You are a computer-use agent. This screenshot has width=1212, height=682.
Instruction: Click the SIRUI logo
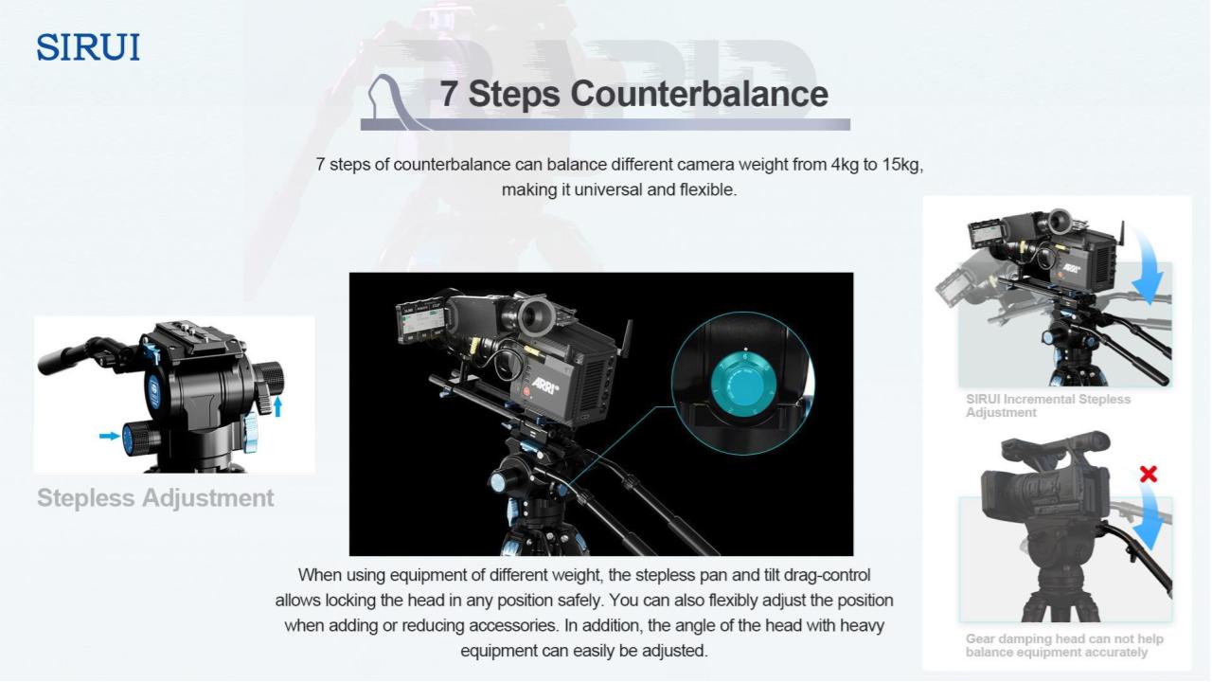[x=88, y=46]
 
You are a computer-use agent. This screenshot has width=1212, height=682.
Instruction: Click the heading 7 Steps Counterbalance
[x=633, y=94]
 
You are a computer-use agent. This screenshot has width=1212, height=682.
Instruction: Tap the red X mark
[x=1149, y=475]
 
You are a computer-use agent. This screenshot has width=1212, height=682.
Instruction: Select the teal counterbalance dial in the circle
[x=743, y=385]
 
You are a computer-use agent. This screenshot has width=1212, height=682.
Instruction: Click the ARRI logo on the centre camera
[x=544, y=385]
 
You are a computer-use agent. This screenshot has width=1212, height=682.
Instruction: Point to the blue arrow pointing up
[x=277, y=406]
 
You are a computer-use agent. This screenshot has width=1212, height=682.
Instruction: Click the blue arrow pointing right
[x=109, y=436]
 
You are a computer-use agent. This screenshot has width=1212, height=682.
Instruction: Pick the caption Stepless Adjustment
[x=155, y=498]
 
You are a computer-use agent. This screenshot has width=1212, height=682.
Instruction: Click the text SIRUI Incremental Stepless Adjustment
[x=1048, y=405]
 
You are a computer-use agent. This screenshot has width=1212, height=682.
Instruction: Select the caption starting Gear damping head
[x=1064, y=645]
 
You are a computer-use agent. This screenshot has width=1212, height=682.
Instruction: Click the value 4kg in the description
[x=845, y=164]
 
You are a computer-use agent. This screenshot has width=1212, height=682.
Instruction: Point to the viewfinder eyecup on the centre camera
[x=536, y=317]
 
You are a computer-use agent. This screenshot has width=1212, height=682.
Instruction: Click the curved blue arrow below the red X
[x=1149, y=518]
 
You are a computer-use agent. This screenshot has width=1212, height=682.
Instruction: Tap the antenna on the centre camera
[x=628, y=339]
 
